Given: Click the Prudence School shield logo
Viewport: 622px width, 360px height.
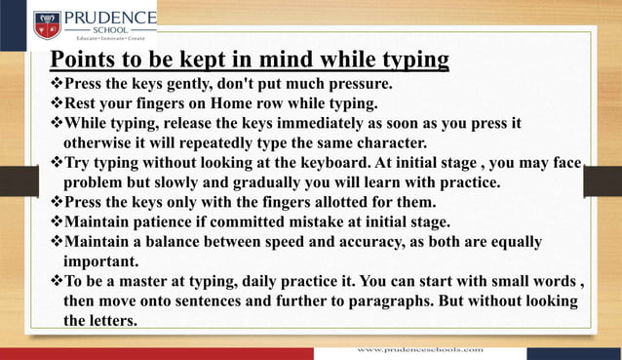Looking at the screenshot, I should [47, 23].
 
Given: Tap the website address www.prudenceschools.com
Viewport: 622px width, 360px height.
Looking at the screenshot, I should [418, 347].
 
